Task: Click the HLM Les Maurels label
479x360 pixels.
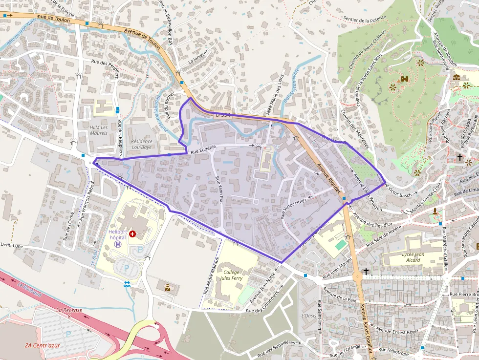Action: pyautogui.click(x=98, y=129)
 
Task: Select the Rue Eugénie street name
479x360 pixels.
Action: pyautogui.click(x=204, y=152)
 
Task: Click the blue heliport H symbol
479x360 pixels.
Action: pyautogui.click(x=117, y=244)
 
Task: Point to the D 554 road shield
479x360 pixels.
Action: pyautogui.click(x=222, y=115)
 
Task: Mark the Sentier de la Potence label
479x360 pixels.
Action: pyautogui.click(x=361, y=21)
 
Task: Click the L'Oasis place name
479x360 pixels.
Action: pyautogui.click(x=308, y=316)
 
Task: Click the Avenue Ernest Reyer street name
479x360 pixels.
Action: pyautogui.click(x=398, y=332)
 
